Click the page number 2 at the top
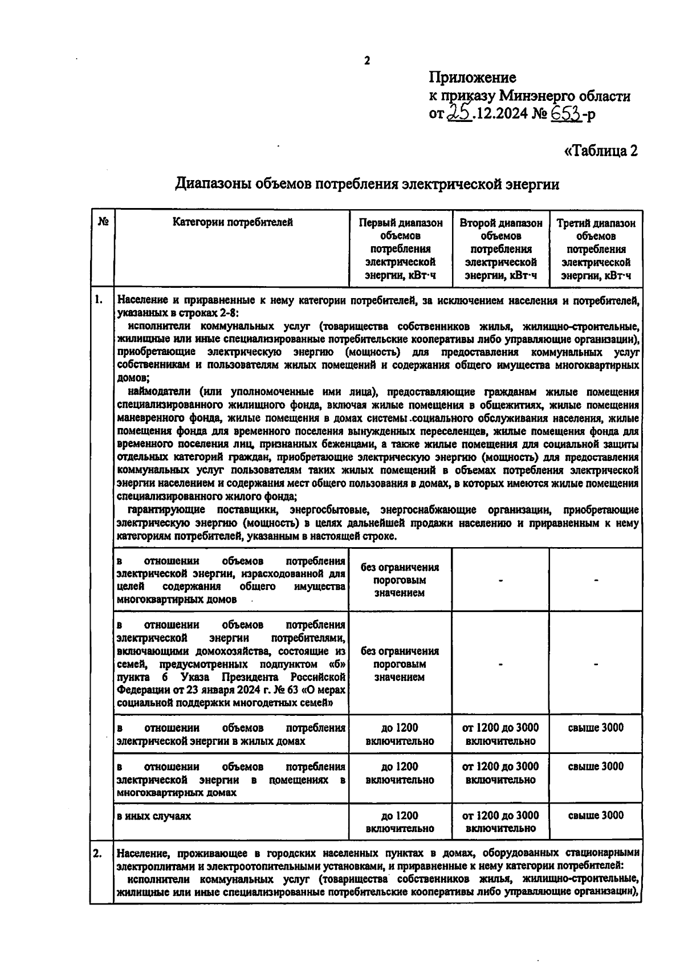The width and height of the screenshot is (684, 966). (x=367, y=61)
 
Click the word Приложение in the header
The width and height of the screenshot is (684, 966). (x=473, y=77)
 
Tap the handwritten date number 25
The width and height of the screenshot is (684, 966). (x=459, y=113)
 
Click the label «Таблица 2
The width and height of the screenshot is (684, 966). (x=600, y=151)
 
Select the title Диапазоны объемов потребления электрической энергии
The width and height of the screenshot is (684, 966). (x=367, y=184)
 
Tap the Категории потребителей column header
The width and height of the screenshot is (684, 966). (x=233, y=223)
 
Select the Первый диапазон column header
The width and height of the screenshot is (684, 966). (x=400, y=249)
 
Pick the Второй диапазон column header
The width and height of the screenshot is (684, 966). (x=500, y=249)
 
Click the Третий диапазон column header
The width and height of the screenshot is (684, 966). (x=596, y=249)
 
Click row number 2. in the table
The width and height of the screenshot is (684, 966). (x=98, y=853)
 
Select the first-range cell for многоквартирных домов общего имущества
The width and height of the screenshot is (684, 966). (x=400, y=580)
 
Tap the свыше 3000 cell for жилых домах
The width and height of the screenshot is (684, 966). (x=596, y=728)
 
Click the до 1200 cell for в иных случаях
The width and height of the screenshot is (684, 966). (x=400, y=821)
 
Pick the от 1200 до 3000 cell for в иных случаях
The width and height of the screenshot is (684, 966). (x=500, y=821)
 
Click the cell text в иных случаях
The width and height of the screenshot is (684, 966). (x=154, y=816)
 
